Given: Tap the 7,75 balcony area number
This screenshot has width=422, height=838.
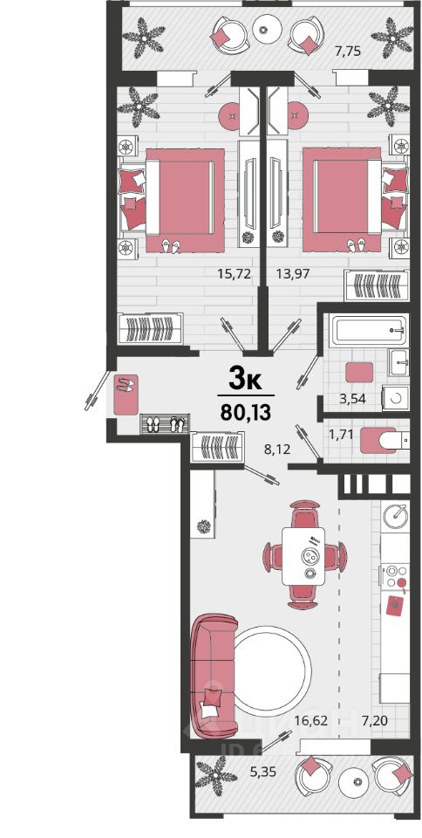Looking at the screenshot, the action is click(348, 52).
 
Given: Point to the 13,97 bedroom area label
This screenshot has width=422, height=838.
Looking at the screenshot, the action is click(294, 274).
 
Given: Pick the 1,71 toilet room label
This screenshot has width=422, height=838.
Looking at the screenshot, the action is click(342, 436).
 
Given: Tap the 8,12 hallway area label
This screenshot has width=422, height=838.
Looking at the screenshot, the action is click(277, 450).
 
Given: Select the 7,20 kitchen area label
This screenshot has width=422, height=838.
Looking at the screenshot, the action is click(376, 720).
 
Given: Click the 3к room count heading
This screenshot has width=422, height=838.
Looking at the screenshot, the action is click(245, 380).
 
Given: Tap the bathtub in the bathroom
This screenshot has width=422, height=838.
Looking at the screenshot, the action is click(369, 330).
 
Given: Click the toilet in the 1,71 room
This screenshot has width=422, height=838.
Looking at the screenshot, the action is click(385, 440).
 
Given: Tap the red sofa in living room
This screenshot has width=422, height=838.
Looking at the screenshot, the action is click(213, 676).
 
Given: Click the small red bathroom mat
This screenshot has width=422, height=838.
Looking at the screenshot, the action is click(359, 372).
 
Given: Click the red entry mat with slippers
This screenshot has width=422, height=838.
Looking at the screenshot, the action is click(126, 395).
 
